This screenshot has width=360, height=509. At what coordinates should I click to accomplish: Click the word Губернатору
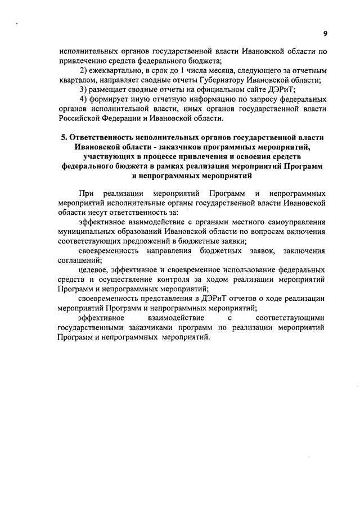click(x=219, y=79)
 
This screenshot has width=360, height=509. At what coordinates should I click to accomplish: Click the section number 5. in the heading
click(x=63, y=137)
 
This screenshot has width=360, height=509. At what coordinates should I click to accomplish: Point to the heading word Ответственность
click(x=103, y=137)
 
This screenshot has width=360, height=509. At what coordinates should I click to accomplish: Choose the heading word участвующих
click(x=107, y=156)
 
